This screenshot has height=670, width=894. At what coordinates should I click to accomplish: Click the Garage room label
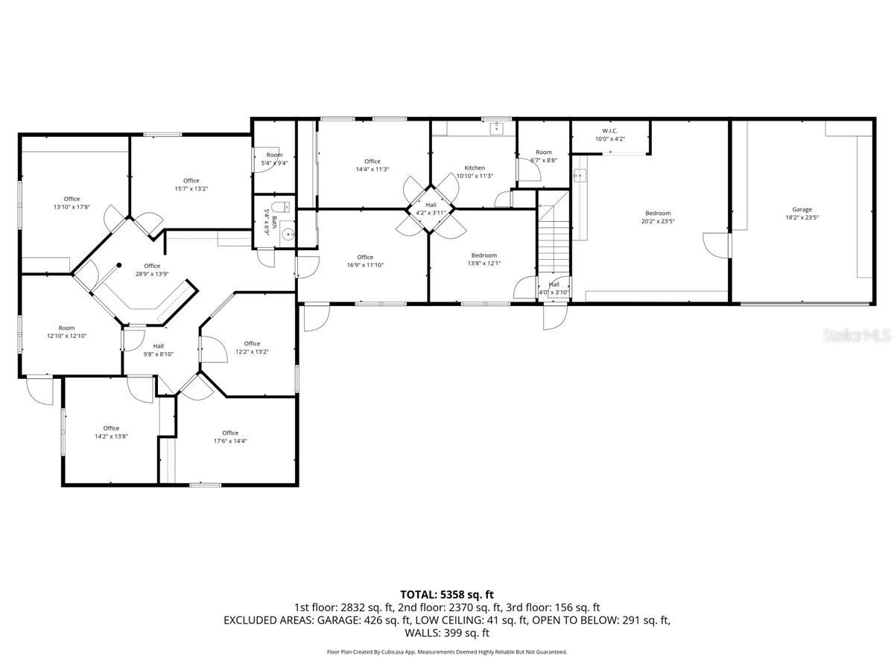pos(802,209)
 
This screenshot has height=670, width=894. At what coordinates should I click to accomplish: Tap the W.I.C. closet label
pos(609,130)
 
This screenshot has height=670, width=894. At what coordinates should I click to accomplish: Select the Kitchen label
pos(475,167)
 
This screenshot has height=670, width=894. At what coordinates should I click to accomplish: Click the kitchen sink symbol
pos(496,129)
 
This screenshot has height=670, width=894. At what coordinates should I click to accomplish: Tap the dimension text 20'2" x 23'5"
pos(658,221)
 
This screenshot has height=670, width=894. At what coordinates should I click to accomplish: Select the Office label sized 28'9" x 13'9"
pos(152,266)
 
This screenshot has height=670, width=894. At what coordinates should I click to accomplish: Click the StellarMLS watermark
pos(857,336)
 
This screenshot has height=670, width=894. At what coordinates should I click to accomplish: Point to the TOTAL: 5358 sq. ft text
pos(447,594)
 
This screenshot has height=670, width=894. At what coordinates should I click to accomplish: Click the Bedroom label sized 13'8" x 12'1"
pos(484,255)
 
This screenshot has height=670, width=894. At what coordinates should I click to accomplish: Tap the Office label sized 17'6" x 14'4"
pos(230,433)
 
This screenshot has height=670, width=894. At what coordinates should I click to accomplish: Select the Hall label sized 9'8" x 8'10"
pos(159,345)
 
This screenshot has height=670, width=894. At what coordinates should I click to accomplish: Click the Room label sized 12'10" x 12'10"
pos(67,328)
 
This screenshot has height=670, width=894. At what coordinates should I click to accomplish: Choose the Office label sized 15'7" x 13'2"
pos(191,180)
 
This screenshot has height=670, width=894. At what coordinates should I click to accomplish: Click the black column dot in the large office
pos(118,264)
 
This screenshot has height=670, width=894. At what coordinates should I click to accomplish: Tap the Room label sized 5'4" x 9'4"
pos(274,155)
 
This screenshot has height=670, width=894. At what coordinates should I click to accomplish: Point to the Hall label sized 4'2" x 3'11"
pos(431,205)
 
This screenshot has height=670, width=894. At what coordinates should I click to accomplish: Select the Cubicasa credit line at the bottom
pos(447,651)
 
